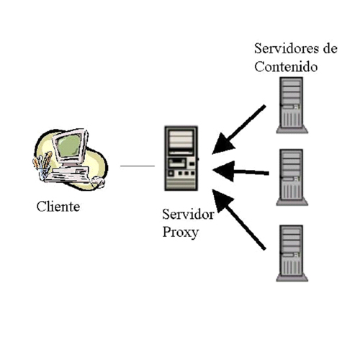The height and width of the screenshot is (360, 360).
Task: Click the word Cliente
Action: (58, 207)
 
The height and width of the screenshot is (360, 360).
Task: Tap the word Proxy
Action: (181, 233)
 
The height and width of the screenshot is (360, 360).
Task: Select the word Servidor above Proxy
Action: (188, 214)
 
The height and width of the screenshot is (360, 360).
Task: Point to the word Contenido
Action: (286, 66)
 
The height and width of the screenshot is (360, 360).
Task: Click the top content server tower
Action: (292, 105)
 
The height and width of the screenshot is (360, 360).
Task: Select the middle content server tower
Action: (292, 177)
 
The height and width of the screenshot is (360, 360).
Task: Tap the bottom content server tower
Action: (292, 253)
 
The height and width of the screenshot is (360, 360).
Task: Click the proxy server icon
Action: (181, 158)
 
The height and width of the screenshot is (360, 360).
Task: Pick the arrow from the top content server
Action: (239, 130)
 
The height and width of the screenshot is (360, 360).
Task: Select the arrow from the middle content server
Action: (240, 171)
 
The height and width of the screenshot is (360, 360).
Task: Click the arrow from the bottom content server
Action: (239, 220)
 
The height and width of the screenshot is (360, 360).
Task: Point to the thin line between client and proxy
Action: (138, 166)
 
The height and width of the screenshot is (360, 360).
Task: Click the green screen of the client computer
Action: (69, 145)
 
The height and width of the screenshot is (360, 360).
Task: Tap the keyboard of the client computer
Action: (68, 175)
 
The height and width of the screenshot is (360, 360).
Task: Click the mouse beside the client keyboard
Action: (99, 181)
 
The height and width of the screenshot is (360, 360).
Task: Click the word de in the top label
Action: (330, 48)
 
